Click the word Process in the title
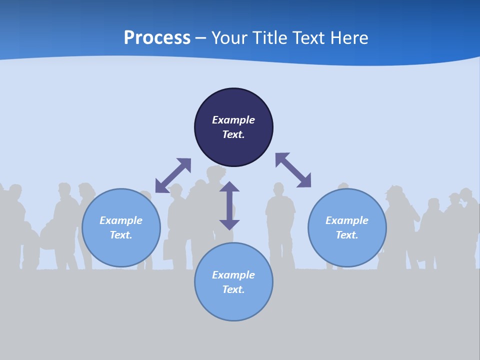tap(157, 38)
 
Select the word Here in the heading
tap(348, 38)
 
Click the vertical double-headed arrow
tap(229, 205)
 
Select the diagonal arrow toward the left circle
tap(173, 175)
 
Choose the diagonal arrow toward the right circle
tap(293, 170)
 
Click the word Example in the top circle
tap(233, 120)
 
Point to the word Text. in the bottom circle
tap(233, 289)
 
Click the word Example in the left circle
tap(121, 220)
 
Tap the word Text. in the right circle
tap(347, 235)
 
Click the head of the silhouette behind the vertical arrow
tap(216, 174)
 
